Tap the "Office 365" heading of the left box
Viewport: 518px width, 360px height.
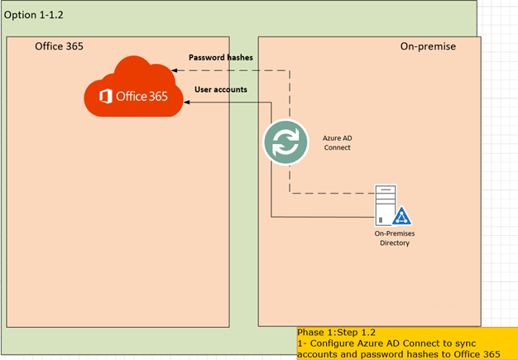click(x=59, y=46)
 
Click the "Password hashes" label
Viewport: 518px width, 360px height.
click(x=221, y=57)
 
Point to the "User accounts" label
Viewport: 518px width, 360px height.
click(x=220, y=89)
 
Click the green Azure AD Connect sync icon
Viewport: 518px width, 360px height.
click(x=285, y=142)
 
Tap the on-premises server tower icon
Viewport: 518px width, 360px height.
click(x=384, y=204)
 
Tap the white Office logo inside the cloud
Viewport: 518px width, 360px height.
click(x=106, y=97)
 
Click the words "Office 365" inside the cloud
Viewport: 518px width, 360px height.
click(x=142, y=97)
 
